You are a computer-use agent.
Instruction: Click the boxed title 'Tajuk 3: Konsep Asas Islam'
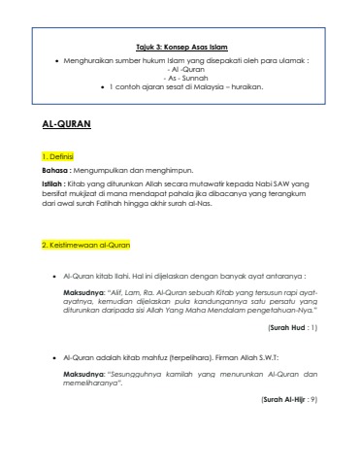180,46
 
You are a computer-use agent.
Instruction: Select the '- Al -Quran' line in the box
180,68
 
